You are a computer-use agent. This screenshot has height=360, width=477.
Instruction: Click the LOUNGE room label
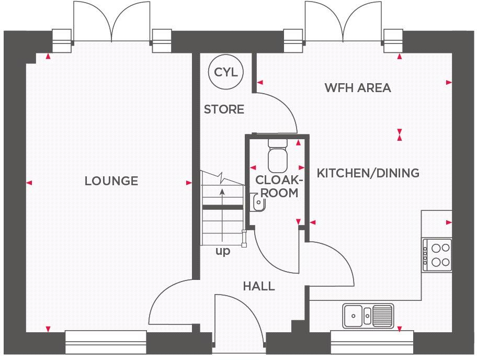click(x=111, y=181)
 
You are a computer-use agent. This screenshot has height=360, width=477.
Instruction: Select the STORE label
click(x=224, y=109)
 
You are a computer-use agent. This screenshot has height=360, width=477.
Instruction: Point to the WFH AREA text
click(x=357, y=88)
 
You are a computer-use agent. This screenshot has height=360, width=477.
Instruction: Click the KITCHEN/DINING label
click(x=368, y=173)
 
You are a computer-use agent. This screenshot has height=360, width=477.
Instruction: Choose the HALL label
click(x=258, y=286)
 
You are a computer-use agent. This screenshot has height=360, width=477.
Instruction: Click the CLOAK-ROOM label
click(x=279, y=186)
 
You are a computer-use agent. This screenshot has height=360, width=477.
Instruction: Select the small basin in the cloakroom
click(x=257, y=201)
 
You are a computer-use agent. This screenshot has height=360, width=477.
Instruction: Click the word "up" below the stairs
click(x=223, y=252)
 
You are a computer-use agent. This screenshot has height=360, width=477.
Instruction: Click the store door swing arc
click(x=280, y=110)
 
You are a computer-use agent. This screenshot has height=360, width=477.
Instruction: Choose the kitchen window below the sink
click(x=372, y=343)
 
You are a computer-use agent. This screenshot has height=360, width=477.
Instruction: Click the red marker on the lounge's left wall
click(x=29, y=183)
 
